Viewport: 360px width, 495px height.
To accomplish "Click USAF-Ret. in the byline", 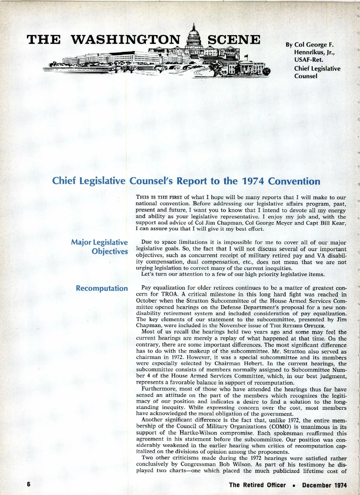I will point(309,60).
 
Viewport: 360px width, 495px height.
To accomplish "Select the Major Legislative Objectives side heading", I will point(100,247).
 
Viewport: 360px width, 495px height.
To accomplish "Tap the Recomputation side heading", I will point(102,288).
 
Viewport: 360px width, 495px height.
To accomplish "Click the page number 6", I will point(29,485).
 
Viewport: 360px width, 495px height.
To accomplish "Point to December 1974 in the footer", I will point(324,485).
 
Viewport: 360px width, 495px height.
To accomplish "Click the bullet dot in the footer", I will point(294,485).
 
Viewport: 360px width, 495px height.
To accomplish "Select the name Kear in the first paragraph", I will point(339,223).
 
